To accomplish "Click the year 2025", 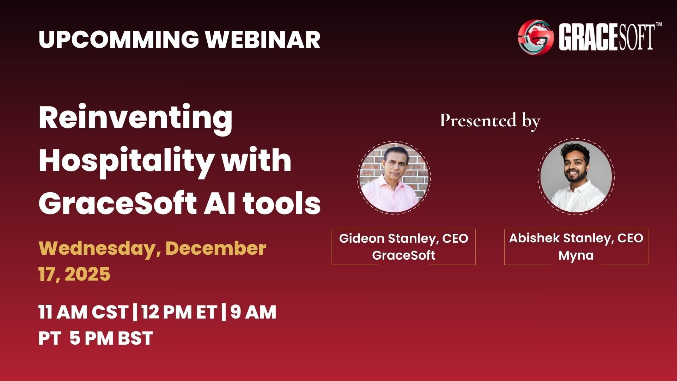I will [88, 274].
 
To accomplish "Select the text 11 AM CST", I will [83, 312].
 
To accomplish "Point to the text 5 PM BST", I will [111, 338].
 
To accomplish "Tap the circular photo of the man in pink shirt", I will [394, 177].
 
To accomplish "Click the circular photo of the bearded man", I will [576, 177].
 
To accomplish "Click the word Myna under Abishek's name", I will [576, 255].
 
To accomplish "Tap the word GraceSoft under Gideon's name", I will [404, 255].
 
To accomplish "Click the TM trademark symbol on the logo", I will [658, 25].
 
